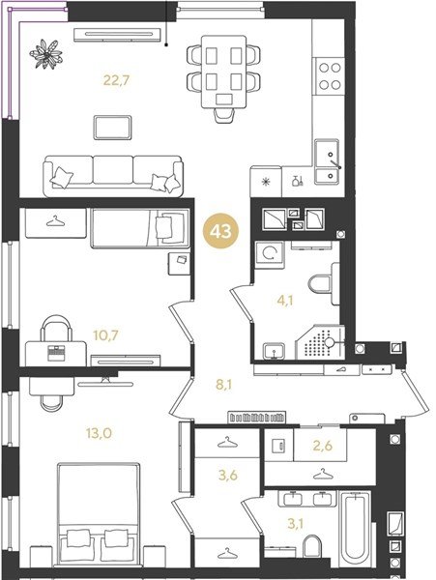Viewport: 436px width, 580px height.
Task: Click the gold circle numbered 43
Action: pyautogui.click(x=220, y=232)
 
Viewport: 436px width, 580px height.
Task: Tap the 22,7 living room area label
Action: pyautogui.click(x=116, y=80)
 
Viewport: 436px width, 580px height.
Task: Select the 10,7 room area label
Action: pyautogui.click(x=105, y=335)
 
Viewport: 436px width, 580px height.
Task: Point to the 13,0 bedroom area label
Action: pyautogui.click(x=100, y=433)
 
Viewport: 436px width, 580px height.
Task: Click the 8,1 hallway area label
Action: pyautogui.click(x=224, y=385)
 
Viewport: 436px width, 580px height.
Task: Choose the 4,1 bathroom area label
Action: pyautogui.click(x=285, y=301)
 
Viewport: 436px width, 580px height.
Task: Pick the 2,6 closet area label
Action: pyautogui.click(x=323, y=446)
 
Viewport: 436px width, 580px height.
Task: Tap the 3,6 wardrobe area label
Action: pyautogui.click(x=228, y=476)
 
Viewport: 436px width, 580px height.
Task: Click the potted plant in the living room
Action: pyautogui.click(x=46, y=54)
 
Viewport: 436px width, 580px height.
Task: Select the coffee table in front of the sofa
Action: pyautogui.click(x=112, y=128)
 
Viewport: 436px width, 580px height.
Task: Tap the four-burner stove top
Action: pyautogui.click(x=329, y=76)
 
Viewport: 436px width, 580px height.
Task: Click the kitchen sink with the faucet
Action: pyautogui.click(x=327, y=161)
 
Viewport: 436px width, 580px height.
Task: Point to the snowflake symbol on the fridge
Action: pyautogui.click(x=266, y=182)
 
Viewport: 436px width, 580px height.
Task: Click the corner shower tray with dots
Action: pyautogui.click(x=320, y=342)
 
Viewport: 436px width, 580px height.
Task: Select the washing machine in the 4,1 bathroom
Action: pyautogui.click(x=270, y=254)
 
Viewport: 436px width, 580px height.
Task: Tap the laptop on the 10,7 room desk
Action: pyautogui.click(x=56, y=353)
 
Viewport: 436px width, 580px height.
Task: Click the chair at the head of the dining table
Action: pyautogui.click(x=224, y=115)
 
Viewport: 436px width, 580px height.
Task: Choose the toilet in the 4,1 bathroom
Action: pyautogui.click(x=324, y=284)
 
